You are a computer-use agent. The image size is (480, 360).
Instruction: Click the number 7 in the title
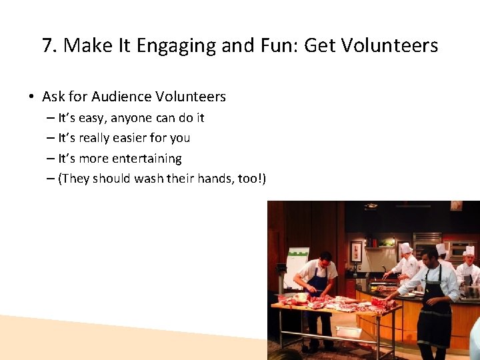(47, 46)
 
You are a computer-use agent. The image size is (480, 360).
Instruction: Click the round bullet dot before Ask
(31, 97)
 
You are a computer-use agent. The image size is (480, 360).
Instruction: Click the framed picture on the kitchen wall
(356, 251)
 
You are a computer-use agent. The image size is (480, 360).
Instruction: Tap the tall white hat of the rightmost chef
(469, 251)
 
